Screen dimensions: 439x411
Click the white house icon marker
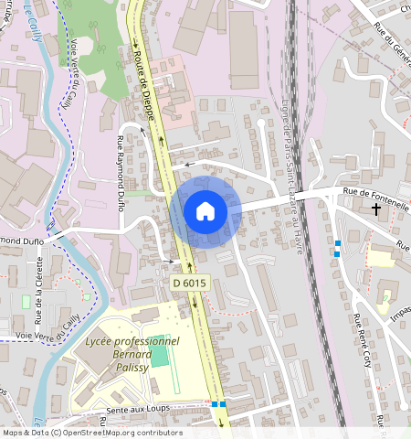(205, 212)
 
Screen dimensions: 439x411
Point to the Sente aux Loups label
(140, 411)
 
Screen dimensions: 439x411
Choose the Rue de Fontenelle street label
(376, 191)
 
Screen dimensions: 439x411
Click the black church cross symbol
(376, 209)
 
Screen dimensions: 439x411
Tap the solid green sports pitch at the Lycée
(161, 354)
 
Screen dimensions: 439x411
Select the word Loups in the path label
(159, 411)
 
